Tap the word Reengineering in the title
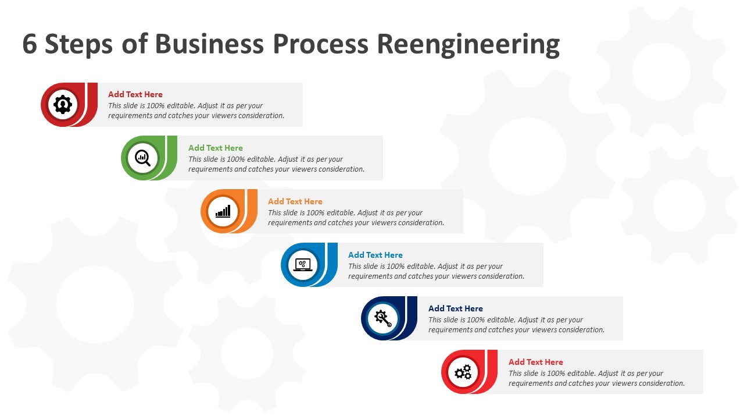(468, 44)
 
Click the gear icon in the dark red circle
(62, 105)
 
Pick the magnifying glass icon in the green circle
(142, 158)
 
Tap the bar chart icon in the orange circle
(223, 211)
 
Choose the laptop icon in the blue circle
(303, 265)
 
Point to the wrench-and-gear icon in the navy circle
(383, 318)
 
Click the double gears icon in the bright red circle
(463, 372)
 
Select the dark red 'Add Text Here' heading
(135, 94)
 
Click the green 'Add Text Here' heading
(216, 148)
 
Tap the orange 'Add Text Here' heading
(295, 201)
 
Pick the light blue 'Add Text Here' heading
(375, 255)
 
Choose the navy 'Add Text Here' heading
(456, 308)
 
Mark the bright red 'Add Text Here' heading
(536, 362)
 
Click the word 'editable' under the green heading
(261, 159)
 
